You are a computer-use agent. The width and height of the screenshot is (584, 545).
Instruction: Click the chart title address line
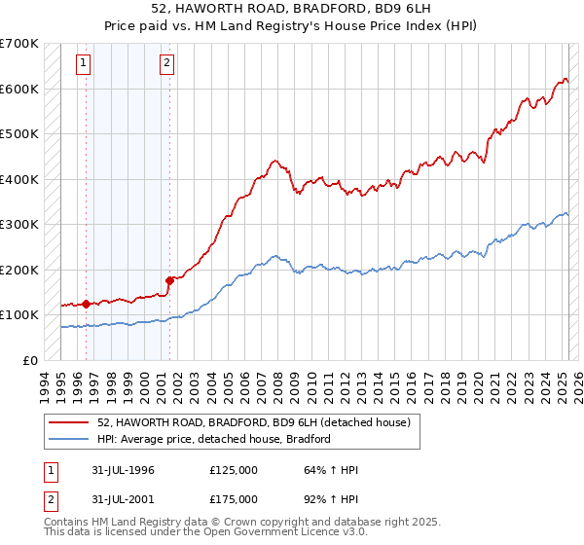(x=291, y=9)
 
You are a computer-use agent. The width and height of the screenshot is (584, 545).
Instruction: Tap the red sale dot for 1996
(x=86, y=304)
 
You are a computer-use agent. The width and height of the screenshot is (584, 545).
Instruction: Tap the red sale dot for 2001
(x=169, y=281)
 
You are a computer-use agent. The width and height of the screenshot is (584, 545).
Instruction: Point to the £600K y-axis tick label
(x=18, y=89)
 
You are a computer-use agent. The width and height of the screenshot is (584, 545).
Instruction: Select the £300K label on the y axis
(x=18, y=224)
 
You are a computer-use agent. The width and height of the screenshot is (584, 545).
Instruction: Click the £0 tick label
(x=29, y=360)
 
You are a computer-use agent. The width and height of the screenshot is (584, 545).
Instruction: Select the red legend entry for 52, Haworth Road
(x=254, y=422)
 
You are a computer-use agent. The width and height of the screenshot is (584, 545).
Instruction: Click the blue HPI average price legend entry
(x=214, y=439)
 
